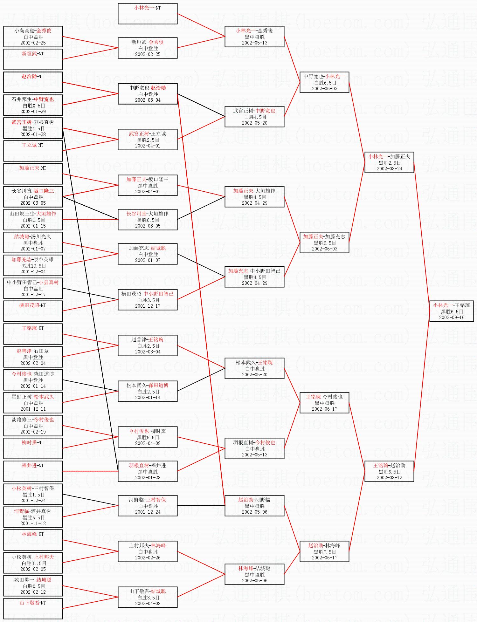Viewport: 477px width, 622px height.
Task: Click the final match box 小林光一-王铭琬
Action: coord(452,311)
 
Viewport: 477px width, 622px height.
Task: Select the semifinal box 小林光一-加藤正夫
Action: coord(389,162)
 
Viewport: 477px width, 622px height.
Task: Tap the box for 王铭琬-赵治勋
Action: coord(389,471)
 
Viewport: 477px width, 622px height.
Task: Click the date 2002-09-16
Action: coord(452,318)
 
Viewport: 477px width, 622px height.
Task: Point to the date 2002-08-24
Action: coord(389,169)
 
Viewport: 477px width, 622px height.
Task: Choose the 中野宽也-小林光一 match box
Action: coord(324,82)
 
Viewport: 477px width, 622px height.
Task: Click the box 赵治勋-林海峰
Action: coord(324,551)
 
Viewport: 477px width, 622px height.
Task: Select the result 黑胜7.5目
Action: coord(324,552)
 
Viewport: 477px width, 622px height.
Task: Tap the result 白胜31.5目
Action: coord(33,563)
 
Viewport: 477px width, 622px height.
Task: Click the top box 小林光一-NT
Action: coord(148,14)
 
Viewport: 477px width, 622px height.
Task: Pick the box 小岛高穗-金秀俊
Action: coord(33,37)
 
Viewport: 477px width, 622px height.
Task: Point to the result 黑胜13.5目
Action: coord(33,266)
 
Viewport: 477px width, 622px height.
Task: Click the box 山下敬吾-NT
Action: coord(33,609)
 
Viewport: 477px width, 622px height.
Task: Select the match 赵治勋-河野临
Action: coord(254,506)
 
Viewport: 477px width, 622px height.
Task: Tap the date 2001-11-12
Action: coord(33,523)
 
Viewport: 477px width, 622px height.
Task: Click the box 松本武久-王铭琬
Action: coord(254,368)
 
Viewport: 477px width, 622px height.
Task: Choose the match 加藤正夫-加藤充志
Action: coord(324,243)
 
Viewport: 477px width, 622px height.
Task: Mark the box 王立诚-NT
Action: coord(33,151)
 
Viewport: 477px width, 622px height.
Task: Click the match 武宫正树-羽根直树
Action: coord(33,128)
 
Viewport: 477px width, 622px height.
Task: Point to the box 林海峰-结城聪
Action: coord(254,574)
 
